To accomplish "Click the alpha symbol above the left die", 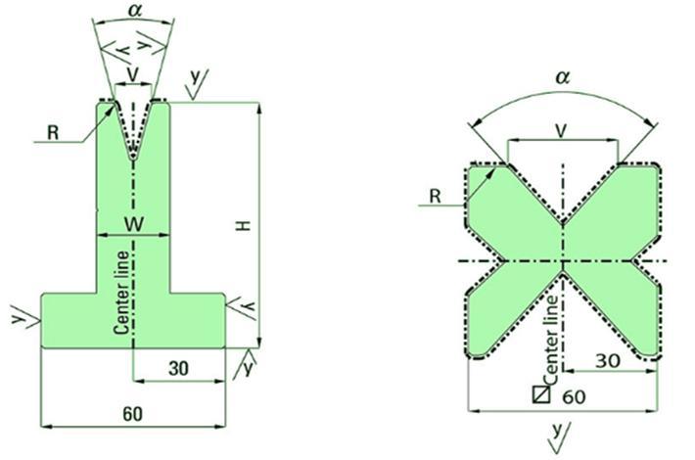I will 134,12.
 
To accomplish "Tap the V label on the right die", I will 562,128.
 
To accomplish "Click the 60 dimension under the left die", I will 133,414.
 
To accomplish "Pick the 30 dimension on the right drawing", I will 606,359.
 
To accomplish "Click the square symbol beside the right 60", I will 539,395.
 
